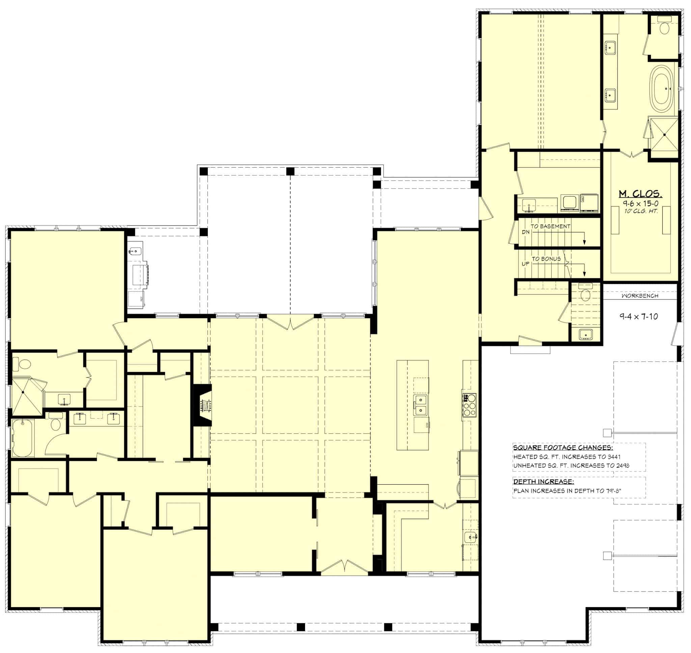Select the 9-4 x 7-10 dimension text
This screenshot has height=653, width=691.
click(638, 316)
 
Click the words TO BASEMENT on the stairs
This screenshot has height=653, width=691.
click(550, 226)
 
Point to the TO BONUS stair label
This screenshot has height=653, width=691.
click(546, 259)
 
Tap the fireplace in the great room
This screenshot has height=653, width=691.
click(203, 405)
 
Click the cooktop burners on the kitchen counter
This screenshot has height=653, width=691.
click(469, 405)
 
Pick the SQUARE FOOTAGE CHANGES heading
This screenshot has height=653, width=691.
click(563, 447)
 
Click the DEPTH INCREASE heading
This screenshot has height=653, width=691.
click(544, 482)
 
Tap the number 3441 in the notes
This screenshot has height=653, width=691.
click(614, 457)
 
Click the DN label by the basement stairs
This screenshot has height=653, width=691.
click(525, 232)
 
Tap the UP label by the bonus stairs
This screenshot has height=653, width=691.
click(525, 264)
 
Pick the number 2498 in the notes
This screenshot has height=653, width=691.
click(622, 465)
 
